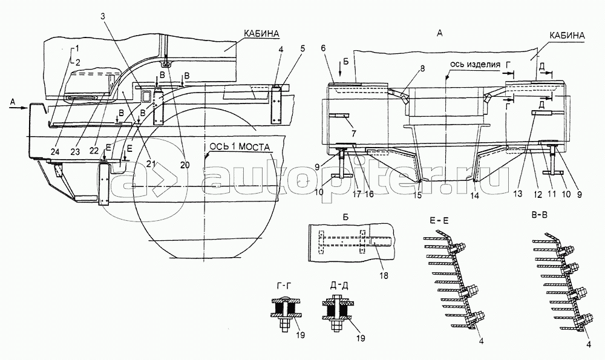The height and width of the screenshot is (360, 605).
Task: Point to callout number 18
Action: click(x=384, y=275)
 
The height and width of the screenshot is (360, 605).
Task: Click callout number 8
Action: click(x=422, y=70)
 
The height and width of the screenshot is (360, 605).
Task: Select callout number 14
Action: click(x=474, y=195)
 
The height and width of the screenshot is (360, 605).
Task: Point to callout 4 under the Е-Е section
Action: click(x=482, y=341)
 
